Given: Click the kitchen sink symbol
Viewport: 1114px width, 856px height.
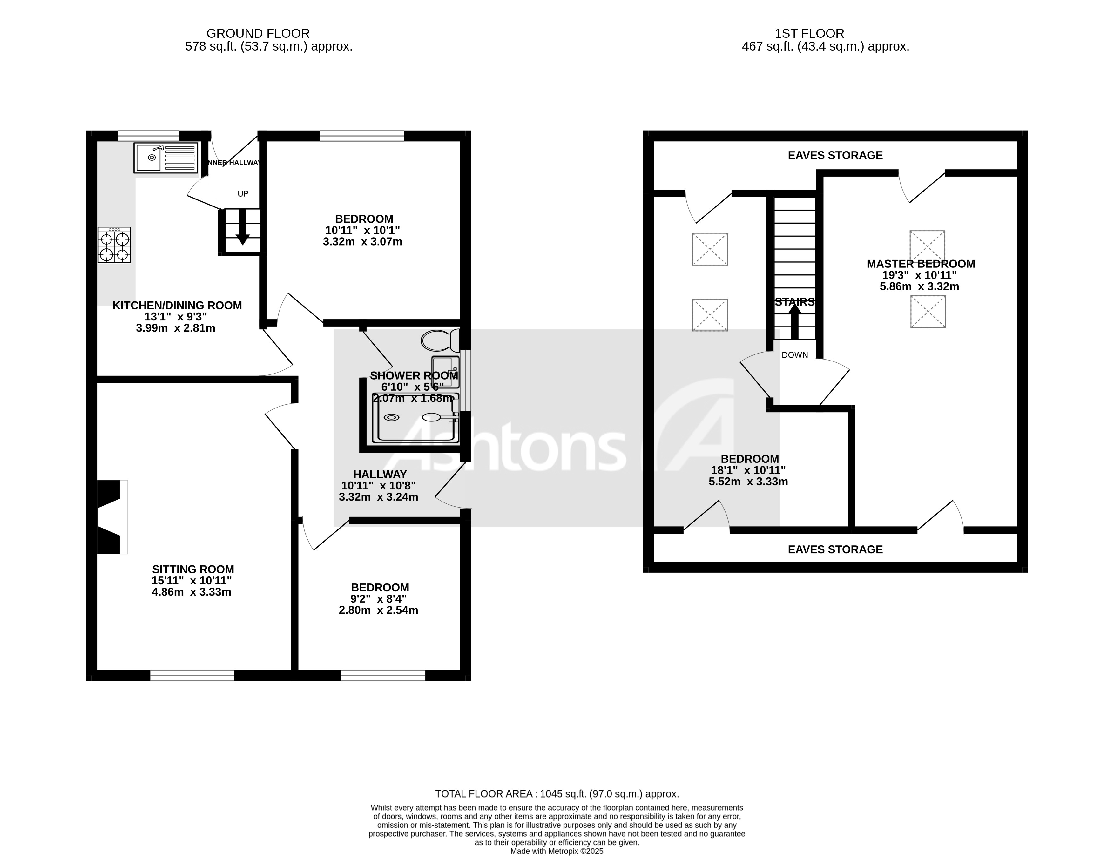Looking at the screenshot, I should point(165,158).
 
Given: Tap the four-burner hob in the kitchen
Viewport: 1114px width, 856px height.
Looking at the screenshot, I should point(114,245).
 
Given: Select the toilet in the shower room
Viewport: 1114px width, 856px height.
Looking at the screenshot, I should point(440,340).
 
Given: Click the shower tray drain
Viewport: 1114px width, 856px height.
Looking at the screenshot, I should point(391,417).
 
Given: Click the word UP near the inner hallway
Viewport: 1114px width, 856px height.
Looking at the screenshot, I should point(243,194).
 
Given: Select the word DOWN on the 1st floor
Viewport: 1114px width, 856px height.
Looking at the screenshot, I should point(794,355).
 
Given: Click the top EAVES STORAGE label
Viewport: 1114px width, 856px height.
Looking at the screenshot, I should point(835,155).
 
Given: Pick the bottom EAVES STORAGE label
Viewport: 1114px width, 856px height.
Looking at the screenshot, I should point(835,549).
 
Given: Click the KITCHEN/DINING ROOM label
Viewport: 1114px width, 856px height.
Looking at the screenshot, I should point(177,305).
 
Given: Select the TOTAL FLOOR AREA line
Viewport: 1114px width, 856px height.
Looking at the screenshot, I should point(557,794).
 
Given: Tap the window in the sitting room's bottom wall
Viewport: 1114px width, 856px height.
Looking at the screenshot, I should point(192,675).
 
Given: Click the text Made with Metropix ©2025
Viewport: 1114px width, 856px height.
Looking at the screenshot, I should point(557,851).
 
